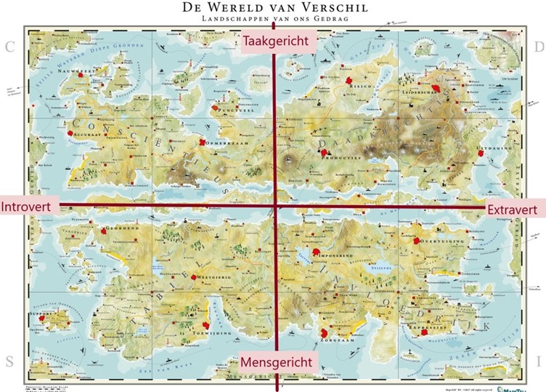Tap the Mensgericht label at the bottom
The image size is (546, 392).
276,362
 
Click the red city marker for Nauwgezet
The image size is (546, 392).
93,74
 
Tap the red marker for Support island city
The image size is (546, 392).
42,318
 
